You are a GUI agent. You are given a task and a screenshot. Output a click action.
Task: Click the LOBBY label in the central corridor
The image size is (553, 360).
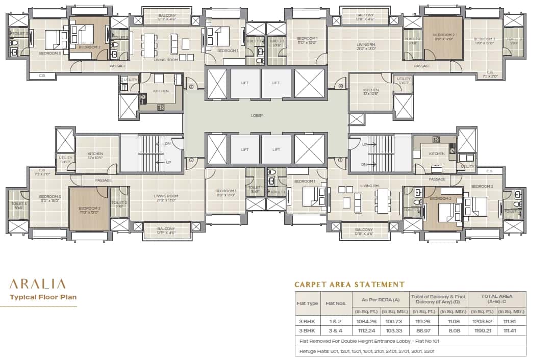tap(257, 116)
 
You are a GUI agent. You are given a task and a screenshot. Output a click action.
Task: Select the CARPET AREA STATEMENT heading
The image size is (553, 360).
tap(349, 285)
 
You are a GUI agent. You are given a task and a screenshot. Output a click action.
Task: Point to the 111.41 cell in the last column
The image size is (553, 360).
tap(512, 331)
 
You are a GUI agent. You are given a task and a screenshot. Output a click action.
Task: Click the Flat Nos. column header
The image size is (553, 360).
tap(336, 303)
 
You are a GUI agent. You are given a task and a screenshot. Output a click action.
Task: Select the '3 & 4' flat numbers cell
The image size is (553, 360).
tap(336, 331)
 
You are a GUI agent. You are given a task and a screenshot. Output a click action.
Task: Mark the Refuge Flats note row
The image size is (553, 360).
tap(364, 351)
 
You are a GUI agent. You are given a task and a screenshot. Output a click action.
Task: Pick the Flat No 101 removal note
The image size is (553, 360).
tap(366, 341)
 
